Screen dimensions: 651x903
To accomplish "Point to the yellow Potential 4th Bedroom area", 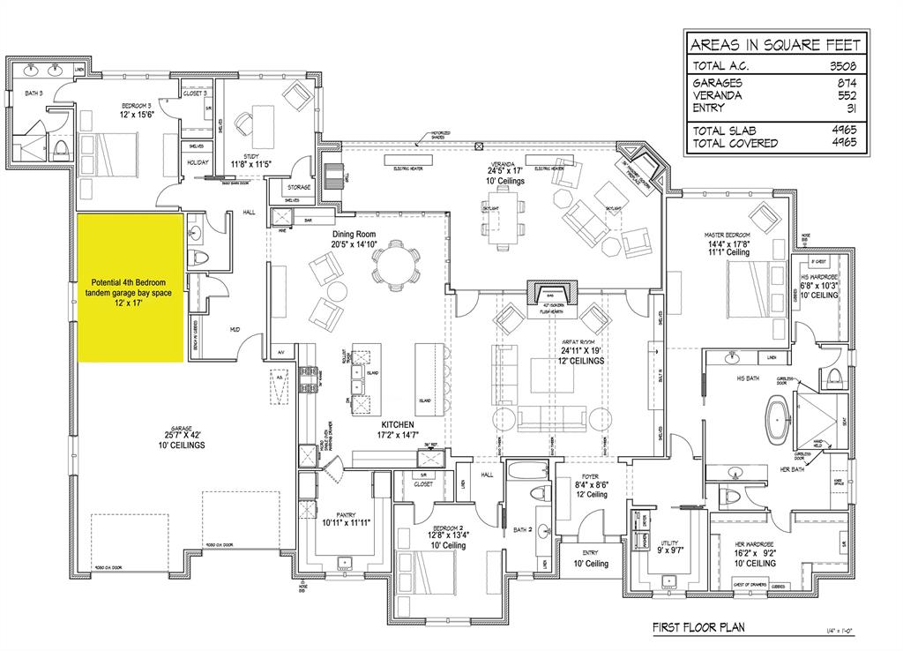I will tap(131, 288).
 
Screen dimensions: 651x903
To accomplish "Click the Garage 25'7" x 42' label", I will tap(181, 438).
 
